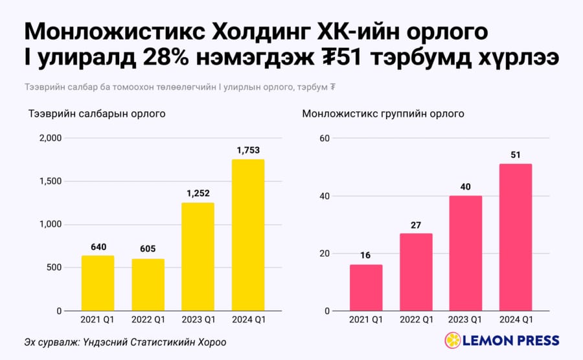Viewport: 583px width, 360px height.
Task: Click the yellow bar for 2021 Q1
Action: pos(98,283)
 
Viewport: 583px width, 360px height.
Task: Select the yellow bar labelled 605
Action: pos(148,285)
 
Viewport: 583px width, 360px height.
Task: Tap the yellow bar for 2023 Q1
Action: pos(198,256)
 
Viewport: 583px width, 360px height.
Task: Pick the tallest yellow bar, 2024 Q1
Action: pos(248,235)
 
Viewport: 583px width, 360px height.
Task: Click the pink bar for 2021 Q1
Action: pos(366,287)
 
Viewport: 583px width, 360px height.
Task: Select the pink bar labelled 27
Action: pos(416,272)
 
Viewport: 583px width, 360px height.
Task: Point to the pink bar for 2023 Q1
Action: pos(466,253)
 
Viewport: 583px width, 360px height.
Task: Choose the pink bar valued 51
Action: pos(516,238)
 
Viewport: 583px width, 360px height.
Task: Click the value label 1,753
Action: pos(248,150)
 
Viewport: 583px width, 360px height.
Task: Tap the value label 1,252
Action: pos(198,194)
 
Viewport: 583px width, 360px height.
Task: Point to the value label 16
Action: pos(365,255)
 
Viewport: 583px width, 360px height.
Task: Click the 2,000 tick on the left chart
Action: pos(51,138)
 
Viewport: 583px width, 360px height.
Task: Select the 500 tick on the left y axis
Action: pos(54,267)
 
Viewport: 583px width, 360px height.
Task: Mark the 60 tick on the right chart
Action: pos(325,138)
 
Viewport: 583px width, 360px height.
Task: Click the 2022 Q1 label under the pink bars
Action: pos(417,319)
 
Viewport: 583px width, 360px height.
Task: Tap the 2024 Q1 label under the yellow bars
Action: pos(249,319)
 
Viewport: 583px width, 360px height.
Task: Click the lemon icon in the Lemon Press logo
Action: pos(453,341)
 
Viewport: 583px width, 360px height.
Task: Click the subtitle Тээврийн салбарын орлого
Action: pos(97,113)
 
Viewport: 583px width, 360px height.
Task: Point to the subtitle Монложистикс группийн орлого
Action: pos(383,113)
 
